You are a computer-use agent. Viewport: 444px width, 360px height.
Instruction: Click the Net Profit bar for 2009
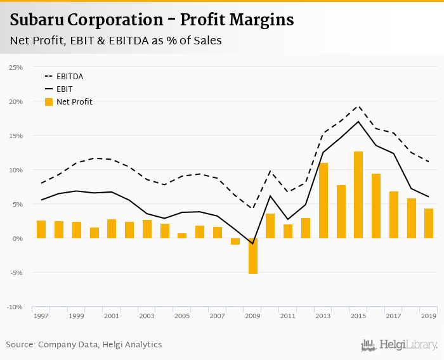[x=253, y=256]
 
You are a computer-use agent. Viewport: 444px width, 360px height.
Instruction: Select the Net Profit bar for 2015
[x=358, y=195]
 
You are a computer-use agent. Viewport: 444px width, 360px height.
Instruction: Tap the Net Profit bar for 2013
[x=323, y=201]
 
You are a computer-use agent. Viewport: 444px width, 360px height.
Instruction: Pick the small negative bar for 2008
[x=235, y=241]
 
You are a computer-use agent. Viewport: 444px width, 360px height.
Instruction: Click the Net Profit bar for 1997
[x=41, y=229]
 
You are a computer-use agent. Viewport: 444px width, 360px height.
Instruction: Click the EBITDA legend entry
[x=70, y=76]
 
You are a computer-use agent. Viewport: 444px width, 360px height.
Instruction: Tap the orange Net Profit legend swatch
[x=49, y=101]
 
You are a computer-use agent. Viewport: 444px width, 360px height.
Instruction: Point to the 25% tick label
[x=16, y=67]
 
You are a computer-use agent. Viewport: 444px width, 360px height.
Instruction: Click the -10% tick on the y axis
[x=15, y=307]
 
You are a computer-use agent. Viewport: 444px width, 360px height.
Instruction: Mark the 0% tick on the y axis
[x=17, y=238]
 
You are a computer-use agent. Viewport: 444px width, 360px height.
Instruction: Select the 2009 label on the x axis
[x=253, y=316]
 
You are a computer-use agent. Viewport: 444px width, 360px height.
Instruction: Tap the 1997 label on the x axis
[x=41, y=316]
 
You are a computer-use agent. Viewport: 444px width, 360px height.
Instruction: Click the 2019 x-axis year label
[x=429, y=316]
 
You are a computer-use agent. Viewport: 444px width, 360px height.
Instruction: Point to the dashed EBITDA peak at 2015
[x=358, y=106]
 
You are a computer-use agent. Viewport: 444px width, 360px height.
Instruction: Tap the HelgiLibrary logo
[x=399, y=345]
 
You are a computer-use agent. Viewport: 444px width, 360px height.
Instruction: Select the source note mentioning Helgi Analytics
[x=84, y=345]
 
